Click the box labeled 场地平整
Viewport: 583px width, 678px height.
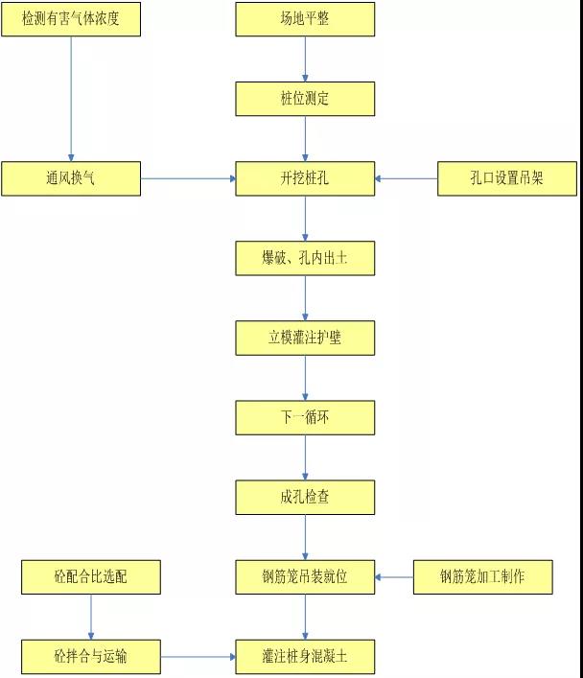pos(306,19)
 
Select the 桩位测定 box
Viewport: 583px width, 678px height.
pos(306,99)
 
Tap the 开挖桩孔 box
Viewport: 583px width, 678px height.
pos(306,178)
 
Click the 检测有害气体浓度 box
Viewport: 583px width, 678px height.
pos(70,19)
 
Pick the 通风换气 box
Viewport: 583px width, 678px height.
pos(70,178)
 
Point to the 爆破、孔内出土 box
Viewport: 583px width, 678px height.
pos(306,258)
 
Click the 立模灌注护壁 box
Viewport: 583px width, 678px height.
pos(306,338)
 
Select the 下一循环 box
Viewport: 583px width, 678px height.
pos(306,417)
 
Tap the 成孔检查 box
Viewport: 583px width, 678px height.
pos(306,497)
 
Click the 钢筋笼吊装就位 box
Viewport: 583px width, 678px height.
pos(306,576)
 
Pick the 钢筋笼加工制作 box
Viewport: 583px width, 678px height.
pos(482,576)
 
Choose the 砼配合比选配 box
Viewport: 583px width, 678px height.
pos(91,576)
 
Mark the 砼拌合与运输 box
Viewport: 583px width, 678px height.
pos(91,657)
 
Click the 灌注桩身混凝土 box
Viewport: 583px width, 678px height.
pos(306,657)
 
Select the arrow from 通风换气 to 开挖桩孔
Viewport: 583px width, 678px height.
pos(189,178)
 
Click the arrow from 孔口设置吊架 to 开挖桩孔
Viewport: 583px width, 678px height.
pos(407,178)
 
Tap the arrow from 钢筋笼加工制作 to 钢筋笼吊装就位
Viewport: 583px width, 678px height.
pos(394,576)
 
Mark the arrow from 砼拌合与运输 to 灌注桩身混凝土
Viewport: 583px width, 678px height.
pos(198,657)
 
